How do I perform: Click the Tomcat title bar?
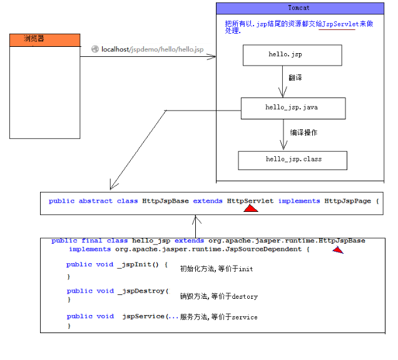coord(300,7)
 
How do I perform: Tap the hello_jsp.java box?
coord(292,107)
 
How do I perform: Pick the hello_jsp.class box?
coord(292,159)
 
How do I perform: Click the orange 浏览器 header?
coord(45,39)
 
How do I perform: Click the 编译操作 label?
coord(304,132)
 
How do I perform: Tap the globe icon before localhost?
coord(95,49)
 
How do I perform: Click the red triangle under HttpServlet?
coord(251,209)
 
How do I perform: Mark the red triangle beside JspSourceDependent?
coord(337,250)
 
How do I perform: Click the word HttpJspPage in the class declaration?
coord(347,201)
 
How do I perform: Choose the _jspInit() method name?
coord(140,264)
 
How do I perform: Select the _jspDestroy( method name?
coord(142,291)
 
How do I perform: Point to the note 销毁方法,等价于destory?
coord(218,296)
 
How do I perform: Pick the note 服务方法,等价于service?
coord(218,317)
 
